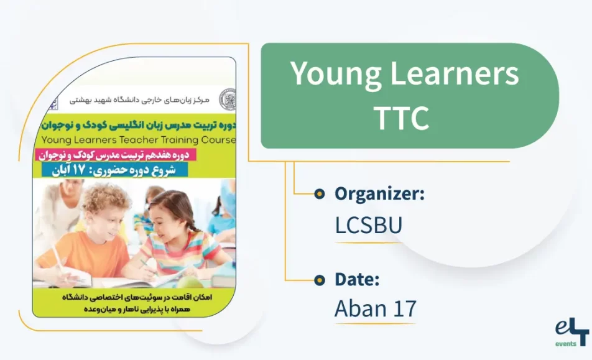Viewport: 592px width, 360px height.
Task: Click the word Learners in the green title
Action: click(455, 75)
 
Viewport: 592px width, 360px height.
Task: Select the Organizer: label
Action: click(379, 194)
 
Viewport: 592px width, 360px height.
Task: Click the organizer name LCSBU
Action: click(368, 225)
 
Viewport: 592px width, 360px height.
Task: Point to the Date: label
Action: click(357, 280)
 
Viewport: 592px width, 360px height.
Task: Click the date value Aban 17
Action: click(374, 308)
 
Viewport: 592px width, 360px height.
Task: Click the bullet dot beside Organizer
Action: click(319, 194)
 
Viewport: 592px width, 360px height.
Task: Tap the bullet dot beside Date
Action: click(319, 280)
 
